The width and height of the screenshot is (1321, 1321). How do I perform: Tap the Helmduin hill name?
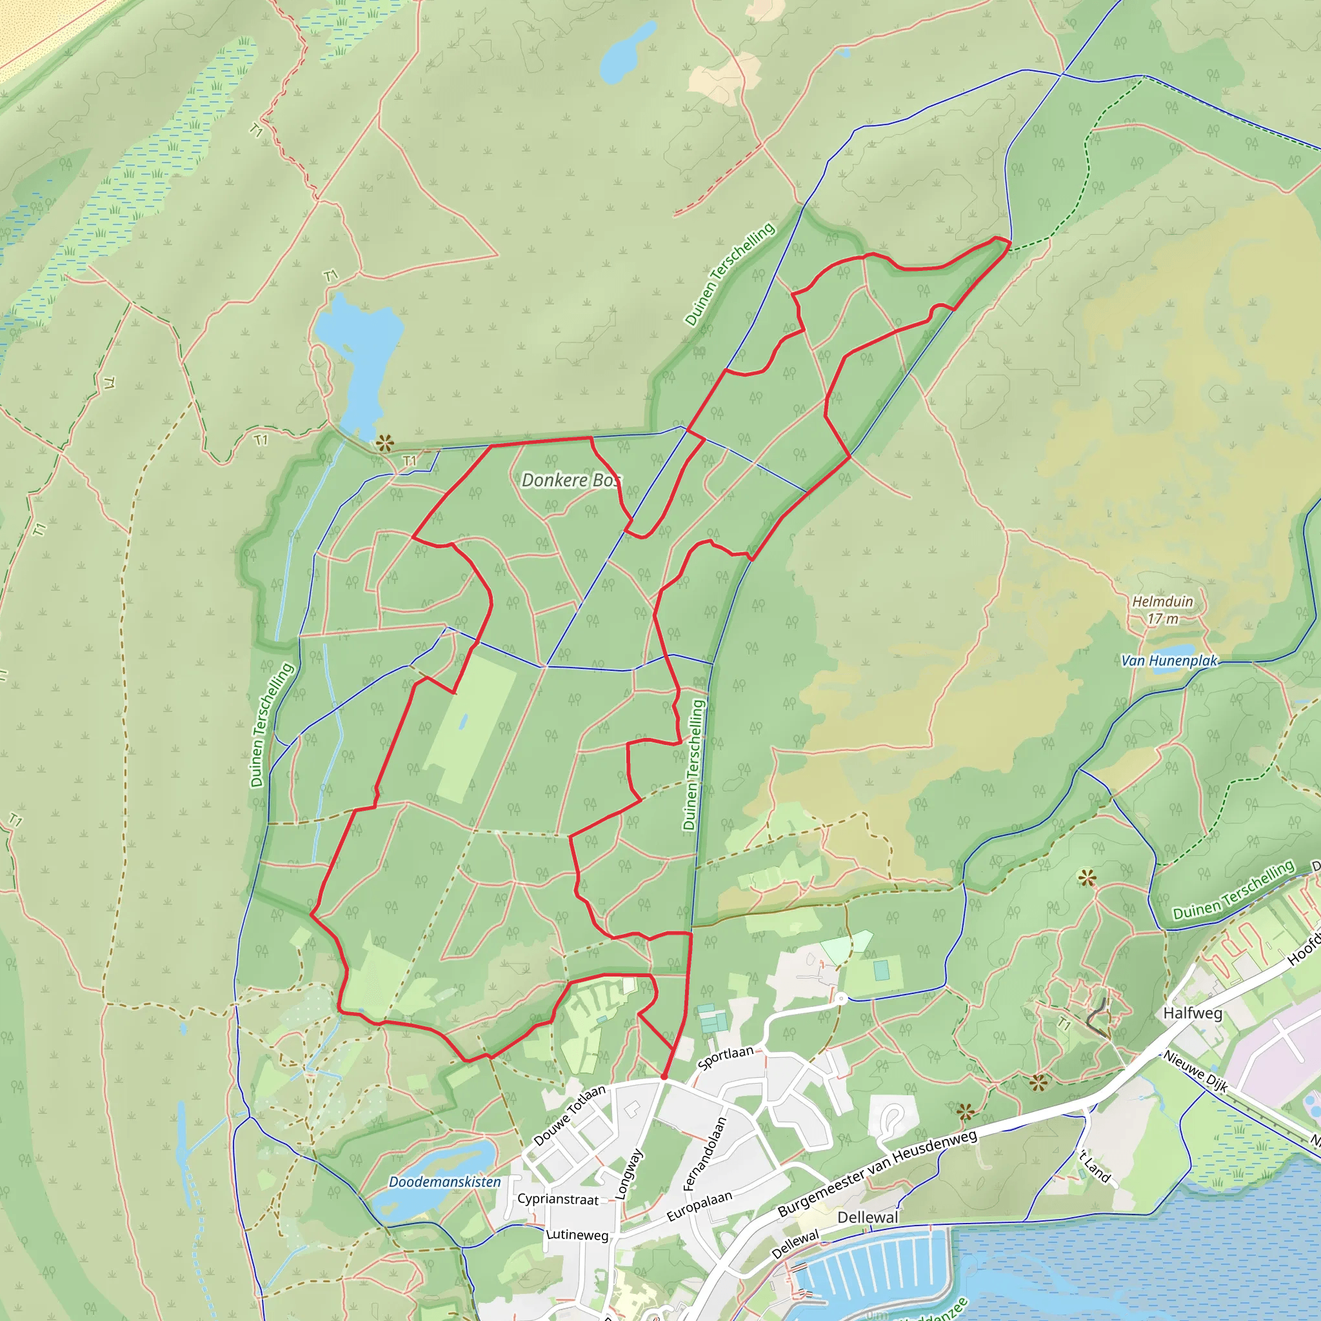click(x=1162, y=602)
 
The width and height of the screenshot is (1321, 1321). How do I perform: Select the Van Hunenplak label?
click(x=1169, y=660)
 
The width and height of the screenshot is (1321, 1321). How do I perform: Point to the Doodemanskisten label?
click(x=444, y=1182)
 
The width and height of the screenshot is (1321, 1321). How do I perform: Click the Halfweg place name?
click(x=1193, y=1013)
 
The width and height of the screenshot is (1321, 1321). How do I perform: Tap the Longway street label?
click(x=629, y=1174)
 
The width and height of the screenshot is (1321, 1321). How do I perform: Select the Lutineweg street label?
click(x=577, y=1235)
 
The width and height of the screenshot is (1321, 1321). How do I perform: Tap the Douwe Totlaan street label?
click(x=569, y=1115)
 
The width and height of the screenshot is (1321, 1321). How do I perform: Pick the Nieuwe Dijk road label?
click(x=1196, y=1071)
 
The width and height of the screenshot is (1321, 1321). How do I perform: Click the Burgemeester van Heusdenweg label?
click(x=877, y=1173)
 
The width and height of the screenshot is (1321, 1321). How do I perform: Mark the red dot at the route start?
click(x=664, y=1077)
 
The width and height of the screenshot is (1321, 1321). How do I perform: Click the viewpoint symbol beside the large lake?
click(x=384, y=443)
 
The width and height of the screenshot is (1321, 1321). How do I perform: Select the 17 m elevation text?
click(x=1162, y=619)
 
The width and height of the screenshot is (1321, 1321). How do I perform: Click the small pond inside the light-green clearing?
click(x=464, y=721)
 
